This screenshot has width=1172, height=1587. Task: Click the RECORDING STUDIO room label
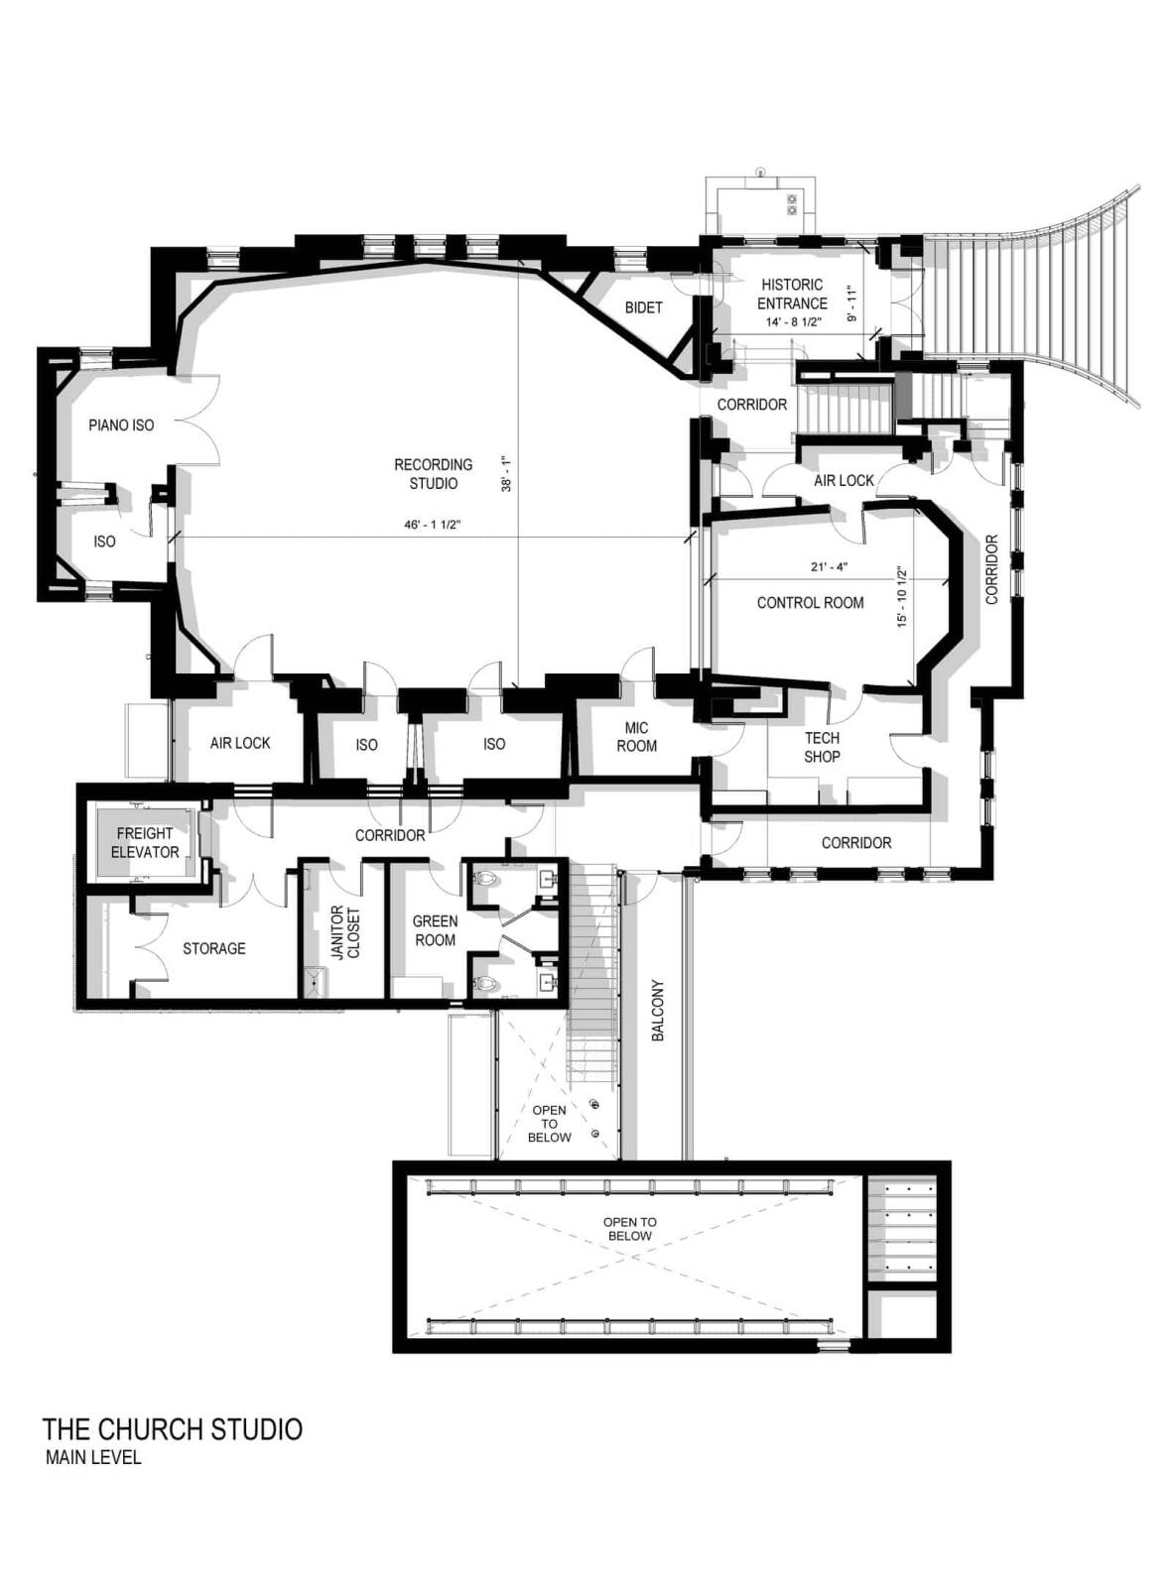pos(433,474)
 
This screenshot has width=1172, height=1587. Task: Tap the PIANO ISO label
pos(121,425)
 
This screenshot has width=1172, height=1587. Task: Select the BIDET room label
pos(643,307)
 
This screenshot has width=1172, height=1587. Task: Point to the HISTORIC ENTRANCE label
pos(792,294)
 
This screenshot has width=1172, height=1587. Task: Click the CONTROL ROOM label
pos(810,602)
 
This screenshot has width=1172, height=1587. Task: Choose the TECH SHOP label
pos(821,747)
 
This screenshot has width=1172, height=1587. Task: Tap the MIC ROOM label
pos(636,737)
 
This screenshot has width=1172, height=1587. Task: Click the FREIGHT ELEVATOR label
pos(145,843)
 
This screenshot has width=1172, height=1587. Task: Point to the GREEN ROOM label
pos(435,930)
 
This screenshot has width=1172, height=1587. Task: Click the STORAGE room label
pos(214,949)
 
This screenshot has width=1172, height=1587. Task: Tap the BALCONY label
pos(658,1010)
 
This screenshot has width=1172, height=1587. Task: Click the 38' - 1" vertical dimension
pos(507,474)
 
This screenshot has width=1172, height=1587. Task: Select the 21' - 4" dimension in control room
pos(829,566)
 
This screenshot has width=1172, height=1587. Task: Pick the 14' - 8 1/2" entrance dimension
pos(792,322)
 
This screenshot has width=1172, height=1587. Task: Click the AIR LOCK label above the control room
pos(844,481)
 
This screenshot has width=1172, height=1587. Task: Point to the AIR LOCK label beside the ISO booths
pos(240,744)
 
